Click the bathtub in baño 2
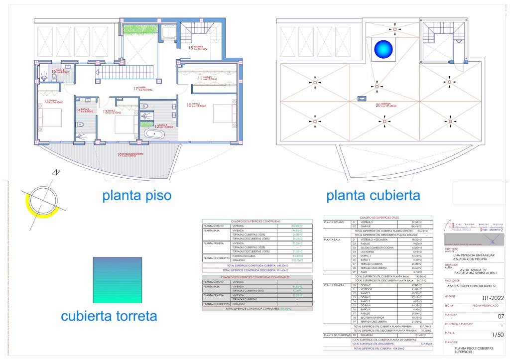(155, 134)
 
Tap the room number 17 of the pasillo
(135, 89)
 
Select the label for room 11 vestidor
(206, 78)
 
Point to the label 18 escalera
(198, 48)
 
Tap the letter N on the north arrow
(57, 173)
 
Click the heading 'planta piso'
(137, 196)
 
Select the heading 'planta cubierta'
(373, 196)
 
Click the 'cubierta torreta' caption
(109, 316)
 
